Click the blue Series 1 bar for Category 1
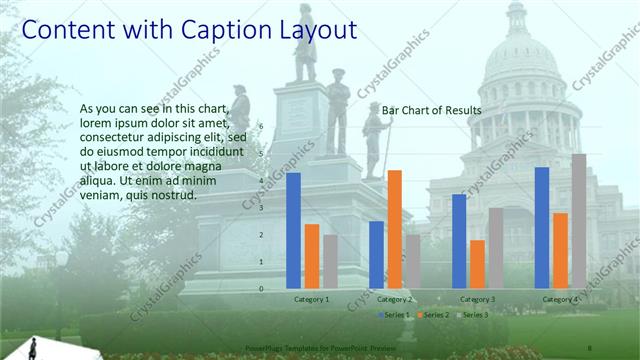(293, 231)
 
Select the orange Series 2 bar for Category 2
(394, 229)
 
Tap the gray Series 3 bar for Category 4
(578, 221)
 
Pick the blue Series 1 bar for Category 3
(459, 241)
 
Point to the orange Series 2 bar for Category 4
(560, 250)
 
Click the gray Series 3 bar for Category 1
(330, 262)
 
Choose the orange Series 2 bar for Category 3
(477, 264)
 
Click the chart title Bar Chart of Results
(432, 110)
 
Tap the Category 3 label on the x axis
(477, 300)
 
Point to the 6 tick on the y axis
(261, 126)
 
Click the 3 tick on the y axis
(261, 208)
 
